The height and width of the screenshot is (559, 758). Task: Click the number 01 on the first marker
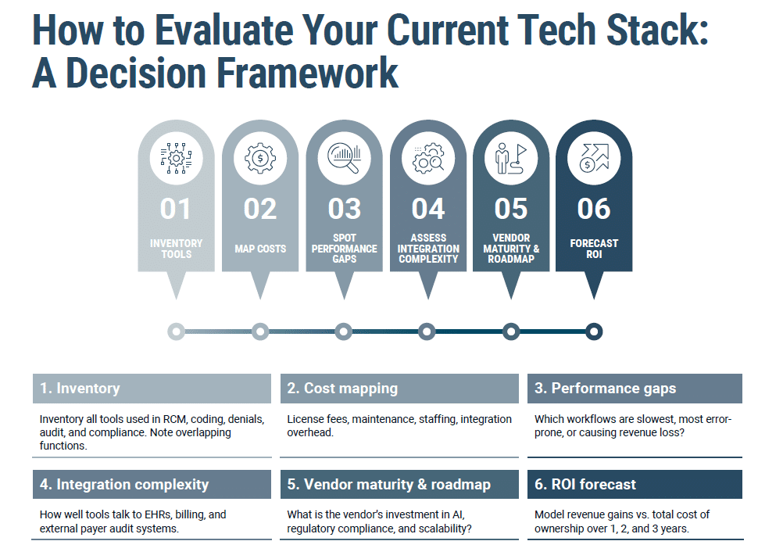pyautogui.click(x=176, y=209)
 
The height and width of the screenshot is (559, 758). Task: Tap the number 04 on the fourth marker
pyautogui.click(x=427, y=209)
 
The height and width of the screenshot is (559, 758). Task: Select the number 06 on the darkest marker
pyautogui.click(x=594, y=209)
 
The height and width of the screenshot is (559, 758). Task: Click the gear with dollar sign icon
pyautogui.click(x=260, y=159)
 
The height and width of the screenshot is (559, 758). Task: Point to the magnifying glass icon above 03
pyautogui.click(x=345, y=159)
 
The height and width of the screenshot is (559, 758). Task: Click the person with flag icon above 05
pyautogui.click(x=511, y=159)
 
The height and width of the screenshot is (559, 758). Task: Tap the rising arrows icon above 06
pyautogui.click(x=594, y=159)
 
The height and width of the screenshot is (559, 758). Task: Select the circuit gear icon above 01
pyautogui.click(x=176, y=159)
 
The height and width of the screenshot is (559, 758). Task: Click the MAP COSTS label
pyautogui.click(x=260, y=249)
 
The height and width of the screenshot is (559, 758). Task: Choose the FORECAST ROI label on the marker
pyautogui.click(x=594, y=249)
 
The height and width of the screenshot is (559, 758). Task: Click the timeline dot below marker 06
pyautogui.click(x=594, y=331)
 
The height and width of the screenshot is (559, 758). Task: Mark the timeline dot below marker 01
pyautogui.click(x=177, y=331)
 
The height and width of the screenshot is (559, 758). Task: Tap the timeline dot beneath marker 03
pyautogui.click(x=344, y=331)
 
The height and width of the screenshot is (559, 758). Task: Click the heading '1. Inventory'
pyautogui.click(x=80, y=389)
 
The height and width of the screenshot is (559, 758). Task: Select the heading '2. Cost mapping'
pyautogui.click(x=342, y=389)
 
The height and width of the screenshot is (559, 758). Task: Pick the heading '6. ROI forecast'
pyautogui.click(x=585, y=485)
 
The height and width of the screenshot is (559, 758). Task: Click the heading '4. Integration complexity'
pyautogui.click(x=124, y=485)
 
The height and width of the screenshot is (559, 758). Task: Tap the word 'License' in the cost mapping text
pyautogui.click(x=306, y=419)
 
